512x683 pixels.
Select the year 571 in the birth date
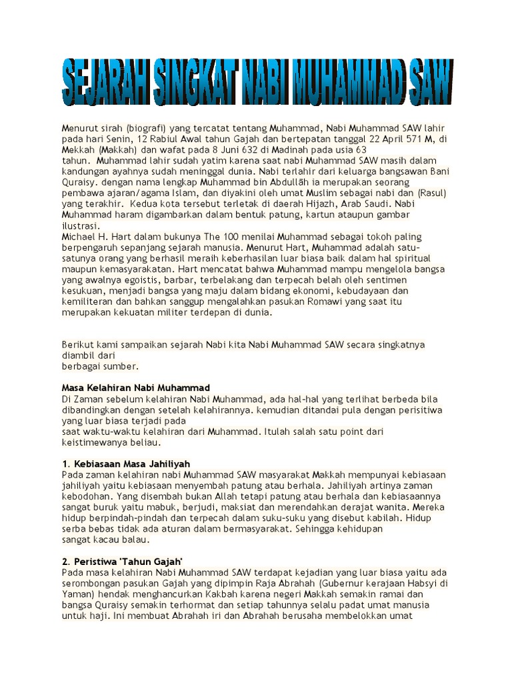tap(396, 139)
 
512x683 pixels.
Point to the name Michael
tap(79, 237)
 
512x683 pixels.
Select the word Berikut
tap(78, 345)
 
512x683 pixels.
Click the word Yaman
tap(75, 594)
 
